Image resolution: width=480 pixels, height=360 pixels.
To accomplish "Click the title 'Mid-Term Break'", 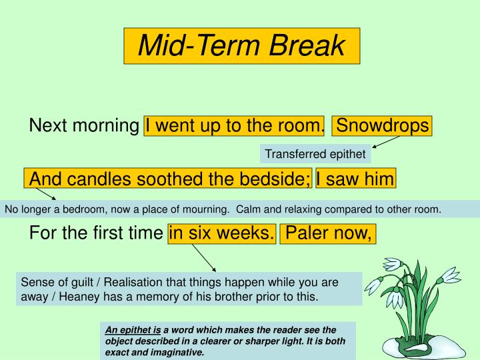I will tap(241, 46).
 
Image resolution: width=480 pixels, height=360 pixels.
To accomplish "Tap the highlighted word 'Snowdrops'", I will tap(383, 125).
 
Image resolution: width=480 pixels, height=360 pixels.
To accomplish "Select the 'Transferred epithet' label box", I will tap(315, 154).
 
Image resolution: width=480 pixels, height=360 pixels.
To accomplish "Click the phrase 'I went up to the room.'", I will tap(235, 125).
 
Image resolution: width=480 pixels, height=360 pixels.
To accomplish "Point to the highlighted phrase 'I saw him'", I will tap(355, 179).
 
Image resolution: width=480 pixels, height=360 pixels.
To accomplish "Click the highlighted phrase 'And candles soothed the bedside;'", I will tap(169, 179).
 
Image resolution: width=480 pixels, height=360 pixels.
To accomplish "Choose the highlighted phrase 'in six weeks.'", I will tap(222, 233).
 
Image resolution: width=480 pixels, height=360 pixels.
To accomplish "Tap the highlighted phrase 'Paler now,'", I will tap(328, 233).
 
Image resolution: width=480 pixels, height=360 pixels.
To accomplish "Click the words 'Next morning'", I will tap(85, 125).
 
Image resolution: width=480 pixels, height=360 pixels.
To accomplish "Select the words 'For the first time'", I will tap(97, 233).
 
